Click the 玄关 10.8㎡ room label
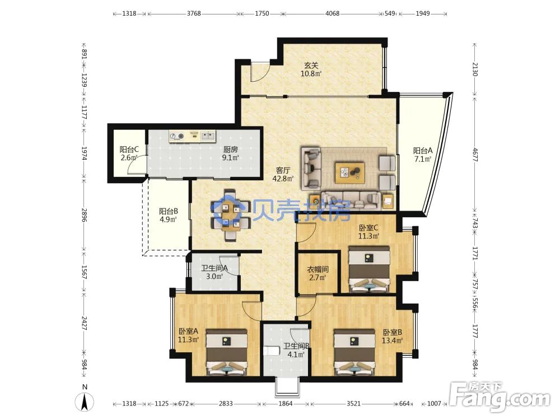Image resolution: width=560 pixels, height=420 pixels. (x=311, y=69)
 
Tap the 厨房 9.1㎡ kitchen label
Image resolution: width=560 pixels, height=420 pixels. (x=231, y=153)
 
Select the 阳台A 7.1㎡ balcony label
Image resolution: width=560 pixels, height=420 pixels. (x=423, y=155)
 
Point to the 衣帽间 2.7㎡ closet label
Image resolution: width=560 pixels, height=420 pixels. (x=318, y=273)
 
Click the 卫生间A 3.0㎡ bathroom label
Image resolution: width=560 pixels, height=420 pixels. (x=214, y=272)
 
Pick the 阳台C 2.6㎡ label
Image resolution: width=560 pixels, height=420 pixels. (x=129, y=153)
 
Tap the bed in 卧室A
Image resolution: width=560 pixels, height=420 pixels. (x=227, y=352)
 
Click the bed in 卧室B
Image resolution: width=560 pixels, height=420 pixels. (x=354, y=352)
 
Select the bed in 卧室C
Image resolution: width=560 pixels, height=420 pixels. (x=369, y=269)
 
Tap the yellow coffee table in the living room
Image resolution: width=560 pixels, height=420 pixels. (x=349, y=173)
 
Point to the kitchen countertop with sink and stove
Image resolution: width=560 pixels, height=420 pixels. (x=193, y=136)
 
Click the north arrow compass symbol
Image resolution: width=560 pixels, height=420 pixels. (x=85, y=399)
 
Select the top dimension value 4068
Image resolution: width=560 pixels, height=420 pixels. (x=332, y=13)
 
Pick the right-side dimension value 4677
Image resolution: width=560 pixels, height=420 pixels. (x=475, y=155)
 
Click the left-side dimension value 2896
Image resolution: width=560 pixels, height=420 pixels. (x=85, y=215)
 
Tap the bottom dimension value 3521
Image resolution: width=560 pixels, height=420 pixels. (x=353, y=404)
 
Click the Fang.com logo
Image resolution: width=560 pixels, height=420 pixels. (x=500, y=396)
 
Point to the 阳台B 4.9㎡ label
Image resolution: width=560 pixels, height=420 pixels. (x=168, y=216)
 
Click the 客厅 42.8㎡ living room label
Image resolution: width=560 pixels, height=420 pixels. (x=283, y=175)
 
